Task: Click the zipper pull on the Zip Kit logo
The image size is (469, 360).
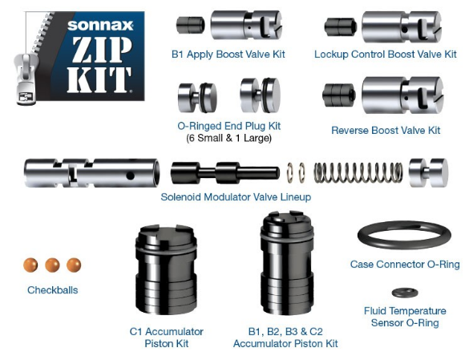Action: [26, 79]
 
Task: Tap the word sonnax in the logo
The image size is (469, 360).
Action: [100, 25]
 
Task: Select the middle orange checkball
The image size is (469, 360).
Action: [52, 265]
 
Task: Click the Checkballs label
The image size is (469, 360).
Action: [53, 290]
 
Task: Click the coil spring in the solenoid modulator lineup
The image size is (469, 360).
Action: [358, 173]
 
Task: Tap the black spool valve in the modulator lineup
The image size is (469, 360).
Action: [225, 172]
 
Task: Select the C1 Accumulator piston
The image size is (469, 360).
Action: [166, 269]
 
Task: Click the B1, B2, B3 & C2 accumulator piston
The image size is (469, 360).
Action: [287, 263]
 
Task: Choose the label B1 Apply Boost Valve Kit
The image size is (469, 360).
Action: [228, 55]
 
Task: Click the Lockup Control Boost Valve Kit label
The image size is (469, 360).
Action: [386, 55]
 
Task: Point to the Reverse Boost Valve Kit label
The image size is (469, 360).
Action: [386, 131]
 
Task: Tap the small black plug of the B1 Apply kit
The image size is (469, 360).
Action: [190, 25]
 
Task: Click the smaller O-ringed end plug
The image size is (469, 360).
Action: [197, 97]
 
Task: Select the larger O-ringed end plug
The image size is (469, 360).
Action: [261, 95]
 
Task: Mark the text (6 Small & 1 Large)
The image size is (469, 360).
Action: [228, 138]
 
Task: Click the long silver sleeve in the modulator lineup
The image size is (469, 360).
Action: [92, 173]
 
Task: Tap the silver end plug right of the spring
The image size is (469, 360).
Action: [428, 172]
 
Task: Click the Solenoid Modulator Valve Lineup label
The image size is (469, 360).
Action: [236, 197]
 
